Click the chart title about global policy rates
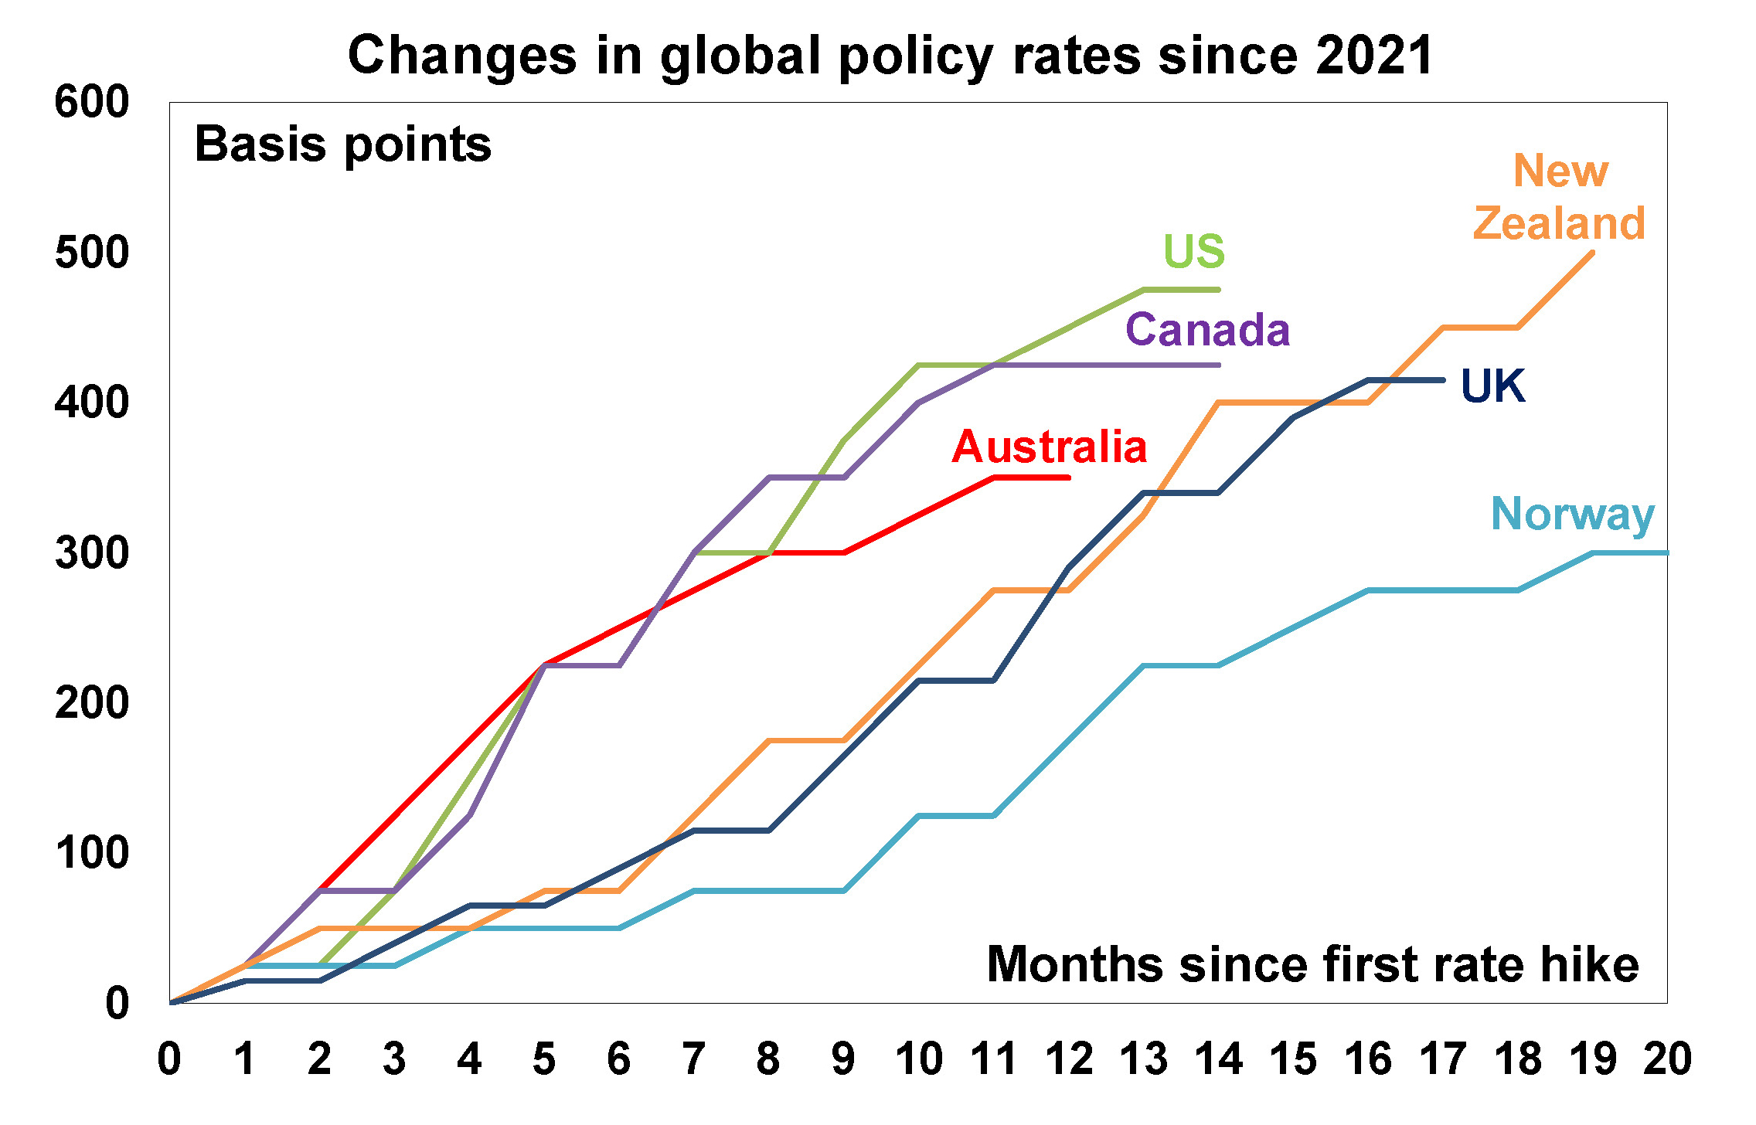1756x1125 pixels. pos(890,56)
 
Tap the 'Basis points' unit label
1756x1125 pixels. pos(342,144)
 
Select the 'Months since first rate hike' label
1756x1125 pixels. pos(1312,964)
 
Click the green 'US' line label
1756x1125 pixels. pos(1194,251)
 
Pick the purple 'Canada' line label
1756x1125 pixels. pos(1207,330)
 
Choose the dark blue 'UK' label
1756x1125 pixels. pos(1492,386)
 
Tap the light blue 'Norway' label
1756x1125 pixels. pos(1572,515)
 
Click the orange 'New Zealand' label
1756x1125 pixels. pos(1560,197)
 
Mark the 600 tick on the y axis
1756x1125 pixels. pos(91,102)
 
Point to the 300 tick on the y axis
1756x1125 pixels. pos(91,553)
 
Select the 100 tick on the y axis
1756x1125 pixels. pos(91,853)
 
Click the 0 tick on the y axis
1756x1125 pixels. pos(117,1004)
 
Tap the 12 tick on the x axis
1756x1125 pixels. pos(1069,1059)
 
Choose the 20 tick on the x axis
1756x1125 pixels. pos(1667,1059)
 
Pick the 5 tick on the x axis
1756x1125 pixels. pos(544,1059)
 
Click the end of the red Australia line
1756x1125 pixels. pos(1069,478)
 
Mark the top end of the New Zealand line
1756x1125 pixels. pos(1592,253)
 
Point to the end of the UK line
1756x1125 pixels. pos(1443,380)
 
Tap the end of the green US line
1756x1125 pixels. pos(1218,290)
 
